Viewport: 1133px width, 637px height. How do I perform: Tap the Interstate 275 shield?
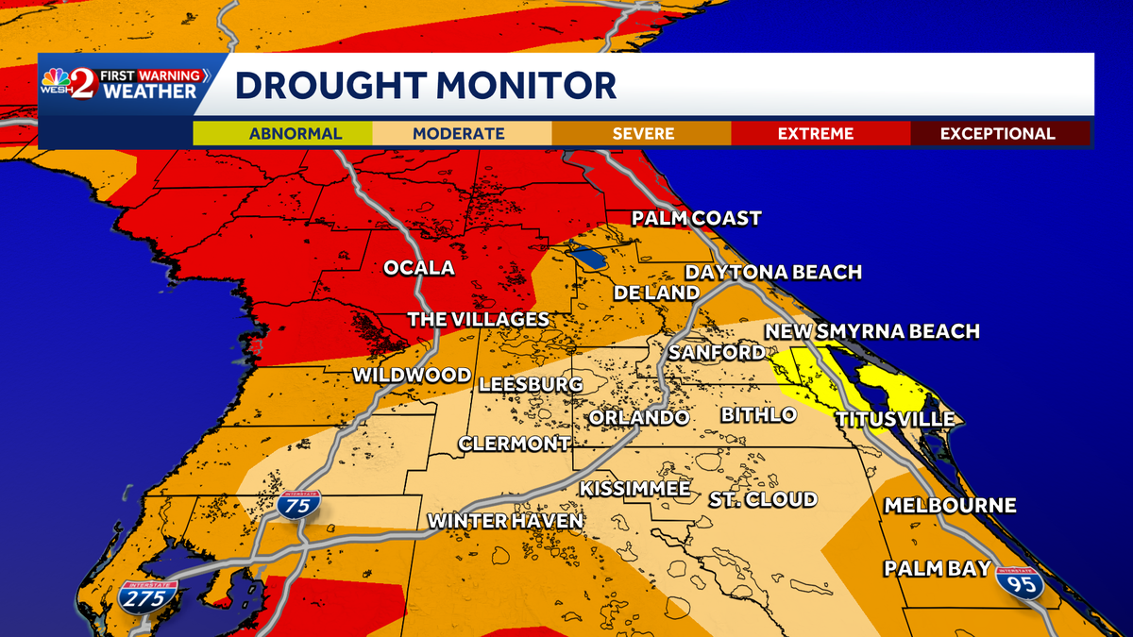(148, 596)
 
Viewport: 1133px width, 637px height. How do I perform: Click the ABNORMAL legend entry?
(282, 133)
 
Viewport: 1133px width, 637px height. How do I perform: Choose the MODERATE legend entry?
(461, 133)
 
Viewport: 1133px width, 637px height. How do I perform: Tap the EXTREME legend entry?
(816, 133)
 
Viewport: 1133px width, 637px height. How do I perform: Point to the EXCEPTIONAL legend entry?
(997, 133)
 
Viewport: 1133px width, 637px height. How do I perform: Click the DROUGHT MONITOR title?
(426, 85)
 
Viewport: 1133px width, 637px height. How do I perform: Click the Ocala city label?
(418, 268)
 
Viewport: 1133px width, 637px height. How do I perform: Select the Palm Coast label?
(697, 219)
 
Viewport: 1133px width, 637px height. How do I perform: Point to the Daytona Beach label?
(773, 273)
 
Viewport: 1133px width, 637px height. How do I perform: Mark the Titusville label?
(894, 419)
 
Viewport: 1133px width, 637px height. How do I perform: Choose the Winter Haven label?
(505, 521)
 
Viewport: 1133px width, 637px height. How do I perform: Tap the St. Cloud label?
(763, 499)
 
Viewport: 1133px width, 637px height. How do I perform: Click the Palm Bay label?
(937, 568)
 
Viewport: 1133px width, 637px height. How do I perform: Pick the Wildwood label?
(411, 376)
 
